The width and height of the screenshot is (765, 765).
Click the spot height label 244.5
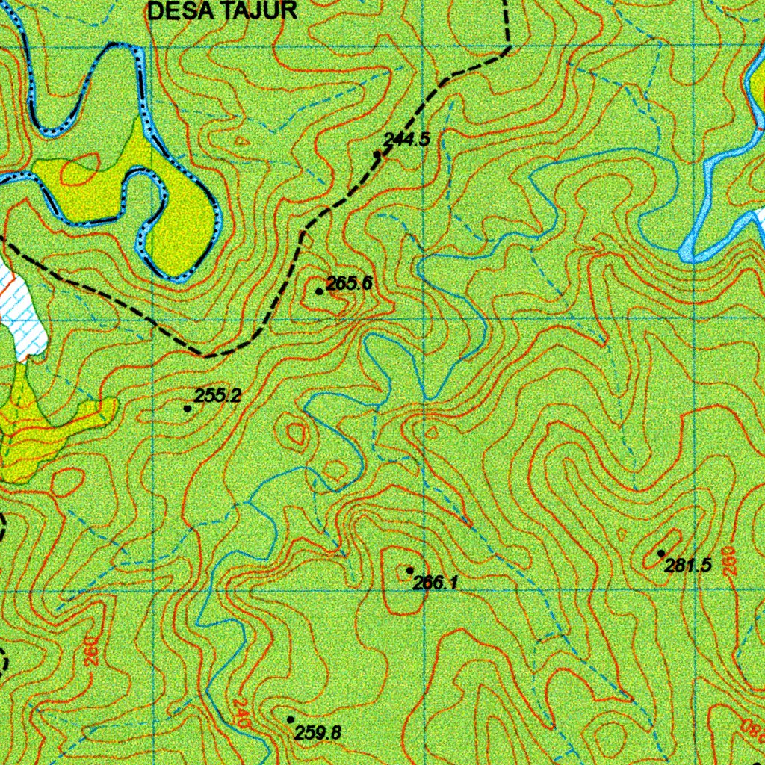pos(406,138)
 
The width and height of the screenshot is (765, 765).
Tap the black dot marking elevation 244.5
pos(377,154)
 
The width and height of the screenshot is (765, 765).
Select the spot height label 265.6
pos(349,283)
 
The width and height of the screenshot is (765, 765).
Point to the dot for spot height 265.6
pos(319,291)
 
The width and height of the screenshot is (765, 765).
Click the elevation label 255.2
pos(217,396)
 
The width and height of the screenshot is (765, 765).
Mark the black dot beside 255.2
pos(187,408)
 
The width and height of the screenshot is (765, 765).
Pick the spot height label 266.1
pos(435,583)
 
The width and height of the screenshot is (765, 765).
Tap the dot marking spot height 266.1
pos(410,571)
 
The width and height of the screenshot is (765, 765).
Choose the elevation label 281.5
pos(687,566)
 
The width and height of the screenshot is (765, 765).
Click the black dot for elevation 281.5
pos(661,553)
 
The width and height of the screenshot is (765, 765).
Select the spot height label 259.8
pos(318,733)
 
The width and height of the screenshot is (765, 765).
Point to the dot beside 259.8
pos(291,719)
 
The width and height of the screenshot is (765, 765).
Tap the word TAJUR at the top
pos(255,10)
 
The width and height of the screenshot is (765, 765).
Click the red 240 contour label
pos(240,713)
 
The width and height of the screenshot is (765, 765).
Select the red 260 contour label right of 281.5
pos(730,560)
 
